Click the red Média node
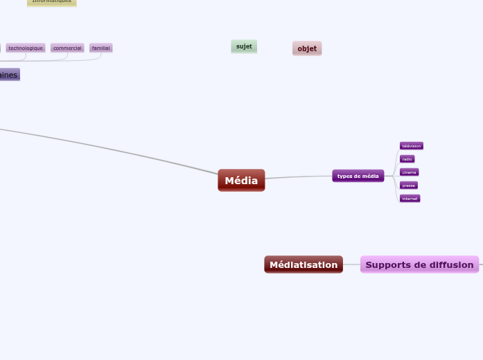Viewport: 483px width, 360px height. coord(241,181)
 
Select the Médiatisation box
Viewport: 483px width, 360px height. coord(304,264)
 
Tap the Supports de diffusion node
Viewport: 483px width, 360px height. coord(419,264)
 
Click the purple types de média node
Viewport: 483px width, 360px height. coord(358,176)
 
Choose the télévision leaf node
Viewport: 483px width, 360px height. coord(411,146)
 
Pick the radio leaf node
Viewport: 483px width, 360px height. coord(407,159)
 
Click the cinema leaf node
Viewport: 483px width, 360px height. coord(409,172)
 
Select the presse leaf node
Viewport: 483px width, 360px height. coord(408,186)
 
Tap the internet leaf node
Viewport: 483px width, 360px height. coord(410,199)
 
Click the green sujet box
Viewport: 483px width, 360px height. coord(244,46)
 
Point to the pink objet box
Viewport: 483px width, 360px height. coord(307,48)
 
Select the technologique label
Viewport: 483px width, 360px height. coord(26,48)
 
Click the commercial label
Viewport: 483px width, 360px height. coord(67,48)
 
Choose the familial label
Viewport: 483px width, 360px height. coord(100,48)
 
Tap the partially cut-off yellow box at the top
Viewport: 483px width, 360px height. coord(52,2)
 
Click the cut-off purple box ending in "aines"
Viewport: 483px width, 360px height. coord(9,75)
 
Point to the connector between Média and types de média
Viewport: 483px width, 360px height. coord(298,177)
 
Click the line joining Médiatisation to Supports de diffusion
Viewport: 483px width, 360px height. coord(351,264)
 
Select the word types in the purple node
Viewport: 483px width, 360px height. coord(343,176)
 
